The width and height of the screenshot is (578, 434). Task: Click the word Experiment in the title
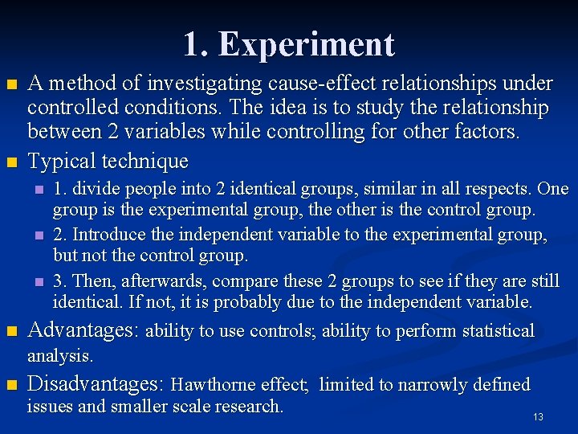pyautogui.click(x=307, y=45)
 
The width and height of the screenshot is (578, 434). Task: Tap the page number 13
pyautogui.click(x=538, y=417)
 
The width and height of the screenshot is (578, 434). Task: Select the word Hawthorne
pyautogui.click(x=239, y=385)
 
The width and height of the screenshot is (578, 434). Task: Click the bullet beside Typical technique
pyautogui.click(x=10, y=162)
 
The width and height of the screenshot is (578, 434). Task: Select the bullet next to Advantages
pyautogui.click(x=10, y=331)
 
